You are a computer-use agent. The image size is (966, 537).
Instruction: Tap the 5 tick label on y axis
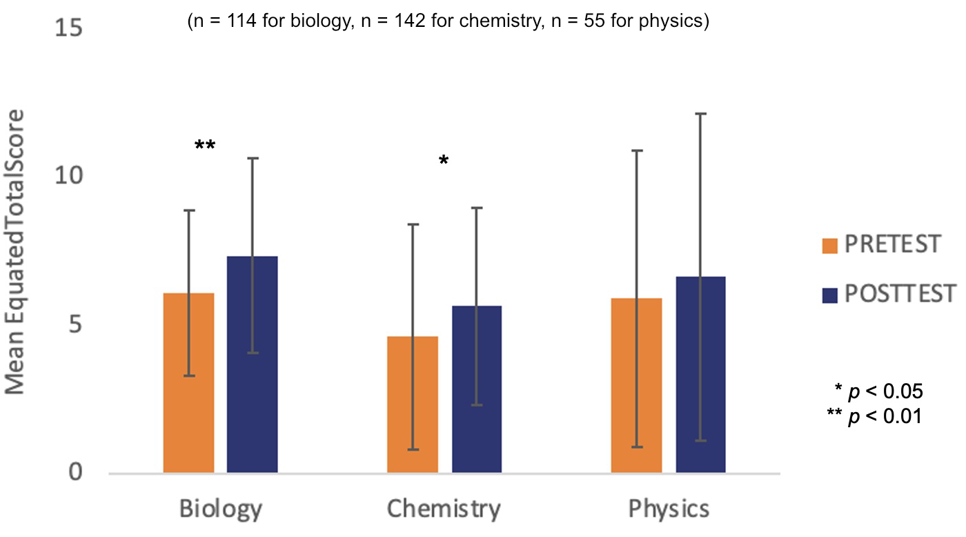[x=75, y=325]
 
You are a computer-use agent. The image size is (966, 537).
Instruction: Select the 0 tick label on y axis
[x=75, y=473]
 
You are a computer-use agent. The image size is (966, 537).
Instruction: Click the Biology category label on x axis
[x=221, y=509]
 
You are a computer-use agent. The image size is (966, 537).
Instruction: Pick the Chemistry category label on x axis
[x=444, y=509]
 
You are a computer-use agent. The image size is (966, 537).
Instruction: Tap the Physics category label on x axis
[x=669, y=509]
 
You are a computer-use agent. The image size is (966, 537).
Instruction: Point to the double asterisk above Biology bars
[x=204, y=146]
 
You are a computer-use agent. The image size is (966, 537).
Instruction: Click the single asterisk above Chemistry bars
[x=443, y=162]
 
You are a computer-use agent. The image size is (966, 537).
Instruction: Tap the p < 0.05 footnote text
[x=878, y=391]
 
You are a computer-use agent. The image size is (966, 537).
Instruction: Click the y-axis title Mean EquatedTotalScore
[x=15, y=252]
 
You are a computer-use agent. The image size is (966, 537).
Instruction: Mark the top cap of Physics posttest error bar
[x=700, y=113]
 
